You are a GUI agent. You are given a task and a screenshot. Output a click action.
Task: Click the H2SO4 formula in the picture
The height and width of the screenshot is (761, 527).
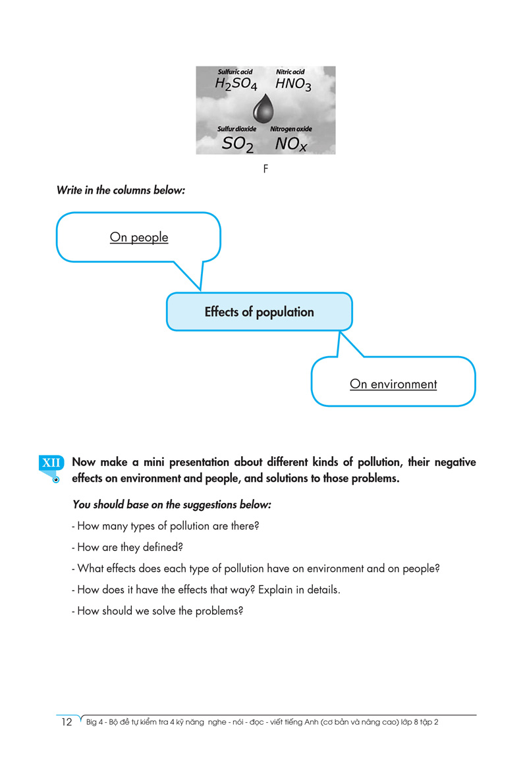coord(236,85)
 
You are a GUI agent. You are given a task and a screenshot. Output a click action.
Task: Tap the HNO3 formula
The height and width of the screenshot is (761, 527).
coord(293,85)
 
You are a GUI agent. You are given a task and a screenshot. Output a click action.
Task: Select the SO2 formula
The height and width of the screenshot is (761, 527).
coord(237,144)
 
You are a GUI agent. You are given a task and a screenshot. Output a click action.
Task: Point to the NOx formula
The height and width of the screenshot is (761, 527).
coord(291,144)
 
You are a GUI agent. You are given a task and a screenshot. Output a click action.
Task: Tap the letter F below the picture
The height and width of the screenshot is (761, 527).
coord(265,169)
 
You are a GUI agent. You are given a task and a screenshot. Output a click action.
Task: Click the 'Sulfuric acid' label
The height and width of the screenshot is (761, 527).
coord(235,72)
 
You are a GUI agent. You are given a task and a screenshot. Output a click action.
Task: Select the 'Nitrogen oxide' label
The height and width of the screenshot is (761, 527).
coord(291,129)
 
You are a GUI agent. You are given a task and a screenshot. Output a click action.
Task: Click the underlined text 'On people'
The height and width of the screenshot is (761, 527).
coord(139,237)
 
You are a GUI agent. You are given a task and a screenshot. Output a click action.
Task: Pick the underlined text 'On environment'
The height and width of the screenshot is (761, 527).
coord(393,384)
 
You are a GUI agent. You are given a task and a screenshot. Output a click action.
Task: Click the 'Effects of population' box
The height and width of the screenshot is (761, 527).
coord(259,312)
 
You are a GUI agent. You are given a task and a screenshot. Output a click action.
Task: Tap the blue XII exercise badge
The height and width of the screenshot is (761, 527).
coord(51,463)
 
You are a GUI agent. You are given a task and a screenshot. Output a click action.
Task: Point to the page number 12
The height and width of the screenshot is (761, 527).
coord(67,722)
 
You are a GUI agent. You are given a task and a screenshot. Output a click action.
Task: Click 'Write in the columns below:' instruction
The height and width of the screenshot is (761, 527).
coord(121,190)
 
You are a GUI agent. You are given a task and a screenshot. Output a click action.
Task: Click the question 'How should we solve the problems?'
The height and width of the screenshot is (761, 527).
coord(157,610)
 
